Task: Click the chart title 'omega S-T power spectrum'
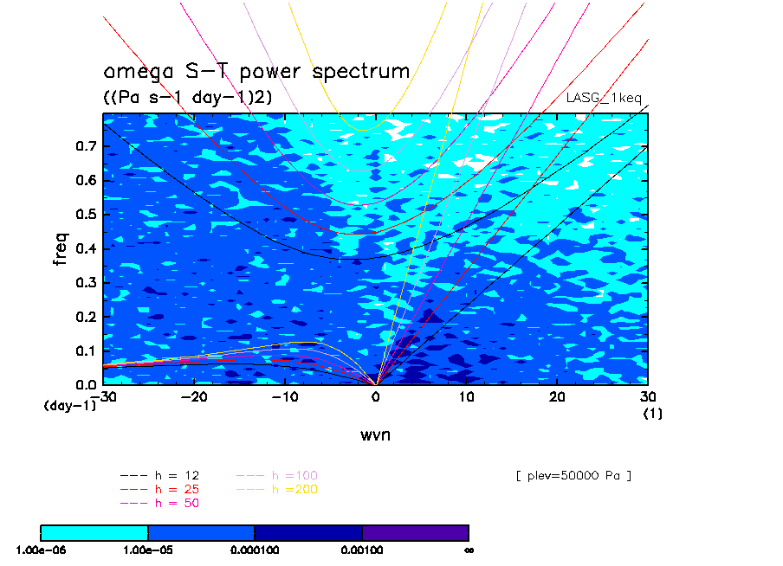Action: tap(256, 72)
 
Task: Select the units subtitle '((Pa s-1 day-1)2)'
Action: tap(188, 96)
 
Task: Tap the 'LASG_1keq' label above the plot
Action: tap(604, 98)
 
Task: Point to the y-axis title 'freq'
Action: tap(61, 248)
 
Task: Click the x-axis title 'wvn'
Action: tap(376, 434)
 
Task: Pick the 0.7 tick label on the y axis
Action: tap(86, 146)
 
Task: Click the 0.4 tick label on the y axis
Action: tap(86, 248)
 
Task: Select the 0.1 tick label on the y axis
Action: tap(86, 351)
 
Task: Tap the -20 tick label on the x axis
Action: tap(194, 396)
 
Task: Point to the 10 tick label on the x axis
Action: tap(466, 396)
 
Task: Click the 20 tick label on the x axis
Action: tap(557, 396)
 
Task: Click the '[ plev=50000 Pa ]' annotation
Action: tap(573, 476)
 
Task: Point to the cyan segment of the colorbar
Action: tap(94, 533)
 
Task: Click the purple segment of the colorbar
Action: tap(416, 533)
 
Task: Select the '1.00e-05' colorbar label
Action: tap(148, 550)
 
